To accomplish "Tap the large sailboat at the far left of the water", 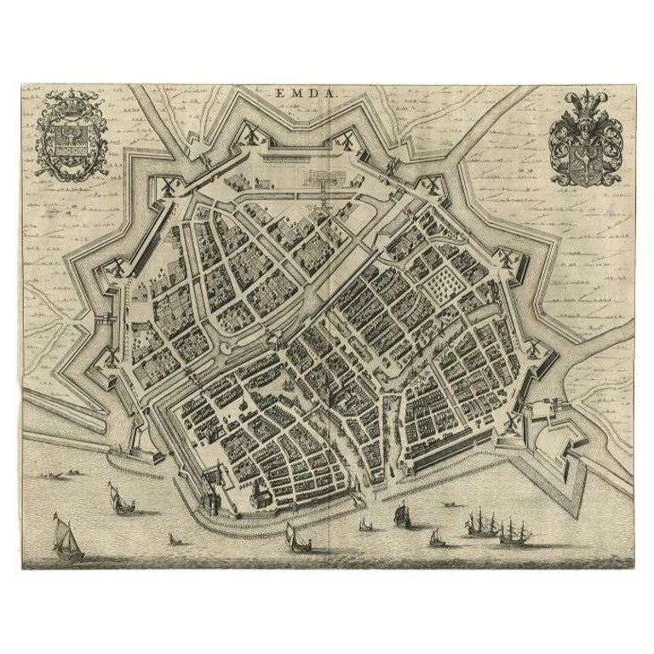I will [x=66, y=536].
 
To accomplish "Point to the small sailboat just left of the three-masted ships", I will [x=437, y=537].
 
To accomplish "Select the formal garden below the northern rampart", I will [x=330, y=179].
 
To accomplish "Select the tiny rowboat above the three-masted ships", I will [x=446, y=502].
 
